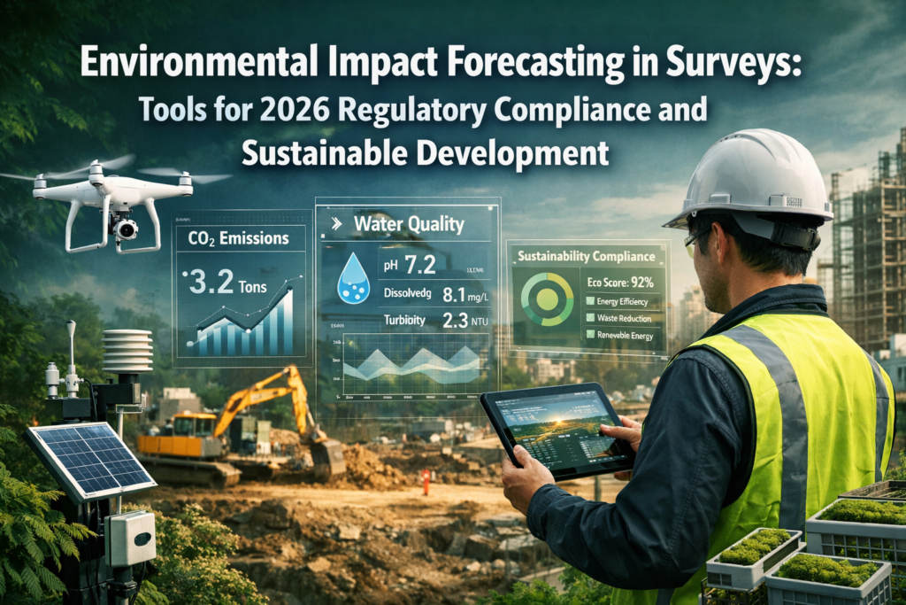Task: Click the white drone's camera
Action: [126, 229]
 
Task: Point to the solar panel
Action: [89, 459]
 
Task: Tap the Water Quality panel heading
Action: [408, 224]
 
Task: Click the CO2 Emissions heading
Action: [238, 237]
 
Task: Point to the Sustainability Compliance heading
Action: [587, 257]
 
